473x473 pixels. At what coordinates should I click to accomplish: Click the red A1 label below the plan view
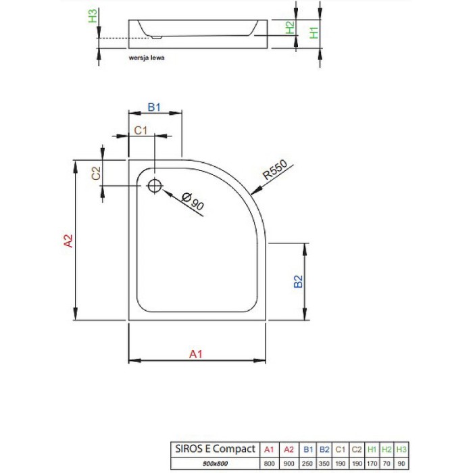pos(195,353)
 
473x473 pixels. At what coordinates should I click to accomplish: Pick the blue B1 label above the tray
pos(155,107)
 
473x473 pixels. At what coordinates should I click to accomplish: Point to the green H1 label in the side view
pos(313,32)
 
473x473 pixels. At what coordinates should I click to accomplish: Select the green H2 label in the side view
pos(290,28)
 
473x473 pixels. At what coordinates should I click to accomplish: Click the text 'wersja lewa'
pos(146,58)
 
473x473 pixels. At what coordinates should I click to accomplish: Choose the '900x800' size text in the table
pos(215,463)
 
